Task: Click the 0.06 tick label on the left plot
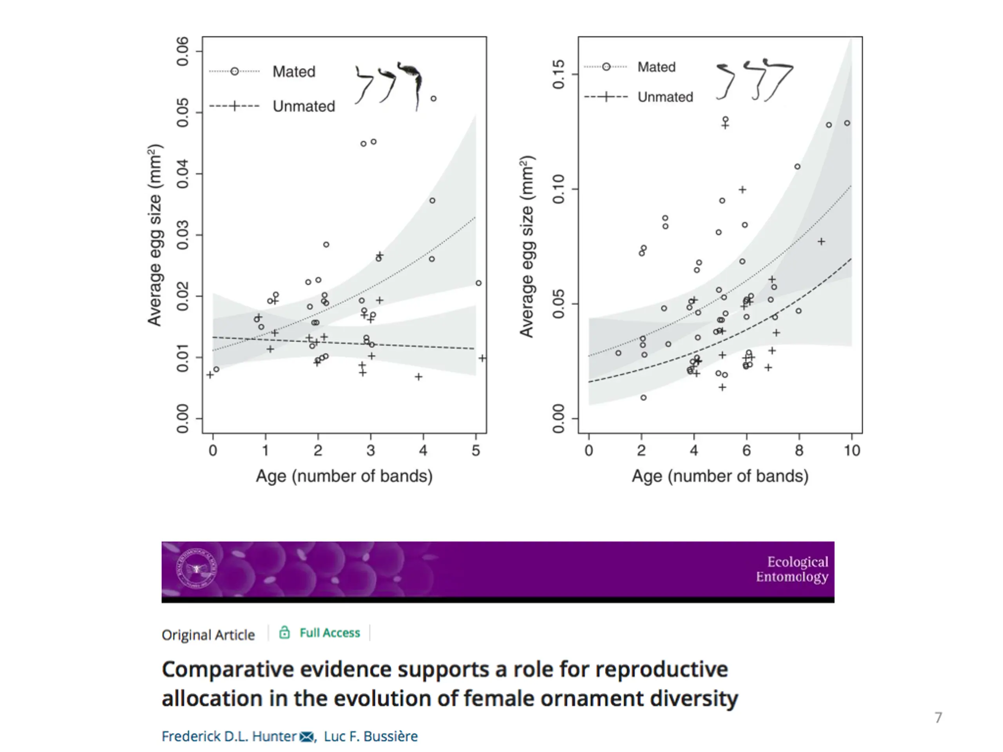pos(182,52)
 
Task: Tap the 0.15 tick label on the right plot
pos(559,74)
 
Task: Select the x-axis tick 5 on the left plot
pos(476,450)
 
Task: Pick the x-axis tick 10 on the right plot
pos(851,450)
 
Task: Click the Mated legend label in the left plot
pos(294,72)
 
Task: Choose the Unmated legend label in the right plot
pos(665,97)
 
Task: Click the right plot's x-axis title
pos(720,476)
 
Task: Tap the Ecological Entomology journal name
pos(792,569)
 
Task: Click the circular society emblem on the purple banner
pos(196,568)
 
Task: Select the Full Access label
pos(330,633)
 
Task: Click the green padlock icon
pos(284,632)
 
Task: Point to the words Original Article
pos(208,635)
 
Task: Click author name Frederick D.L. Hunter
pos(229,736)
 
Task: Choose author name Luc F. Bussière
pos(371,736)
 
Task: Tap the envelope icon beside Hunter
pos(306,737)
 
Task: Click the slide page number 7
pos(938,718)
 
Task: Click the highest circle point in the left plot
pos(433,99)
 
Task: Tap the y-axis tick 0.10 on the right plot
pos(559,189)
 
